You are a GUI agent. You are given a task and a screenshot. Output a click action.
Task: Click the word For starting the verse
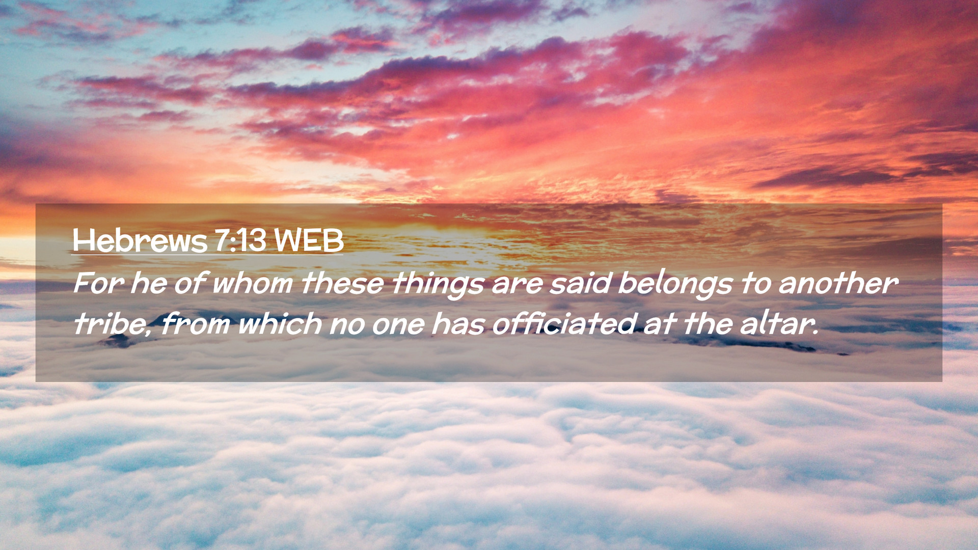click(x=98, y=283)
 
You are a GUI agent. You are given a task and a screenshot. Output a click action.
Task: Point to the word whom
click(x=252, y=283)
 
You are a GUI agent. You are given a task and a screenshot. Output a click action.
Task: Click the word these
click(x=342, y=283)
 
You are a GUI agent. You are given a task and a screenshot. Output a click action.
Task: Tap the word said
click(x=580, y=283)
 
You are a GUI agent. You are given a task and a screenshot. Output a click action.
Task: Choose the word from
click(x=195, y=324)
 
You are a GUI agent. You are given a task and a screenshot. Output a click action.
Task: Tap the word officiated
click(x=564, y=324)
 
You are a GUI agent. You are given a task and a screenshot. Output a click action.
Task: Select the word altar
click(x=779, y=324)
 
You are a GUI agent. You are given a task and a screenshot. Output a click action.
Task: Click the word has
click(x=458, y=324)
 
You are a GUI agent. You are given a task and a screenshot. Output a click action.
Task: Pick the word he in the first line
click(x=148, y=283)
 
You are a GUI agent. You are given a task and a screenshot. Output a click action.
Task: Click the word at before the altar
click(x=660, y=324)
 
